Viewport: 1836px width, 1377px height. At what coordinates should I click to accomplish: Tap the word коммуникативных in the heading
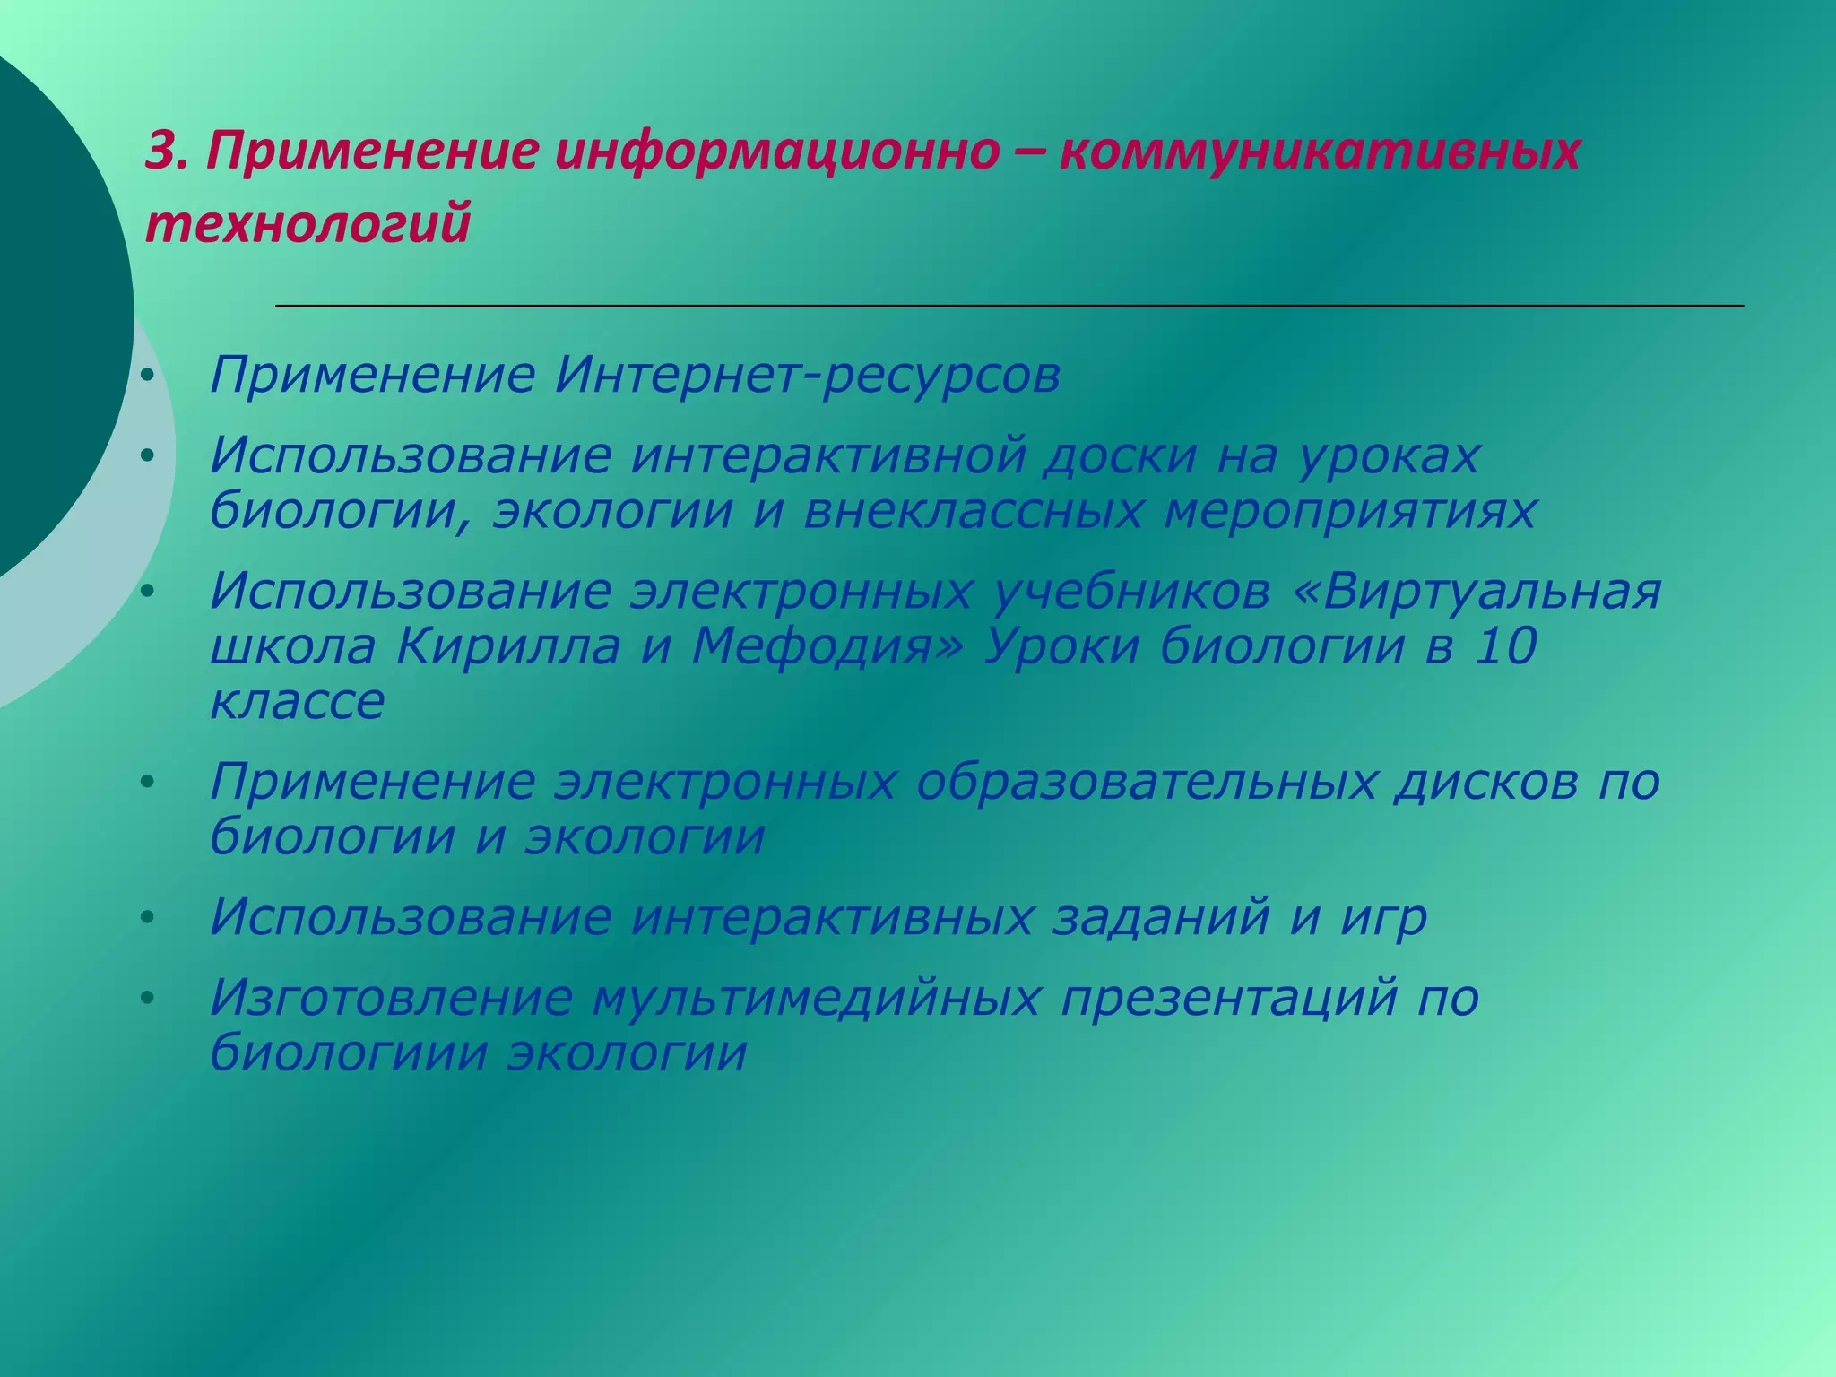(x=1320, y=151)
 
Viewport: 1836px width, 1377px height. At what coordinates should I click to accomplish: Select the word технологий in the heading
(x=307, y=223)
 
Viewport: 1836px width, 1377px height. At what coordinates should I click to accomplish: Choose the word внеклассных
(x=974, y=511)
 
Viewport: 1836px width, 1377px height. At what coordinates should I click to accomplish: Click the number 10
(x=1505, y=646)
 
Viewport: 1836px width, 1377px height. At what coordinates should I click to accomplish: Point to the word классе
(x=298, y=701)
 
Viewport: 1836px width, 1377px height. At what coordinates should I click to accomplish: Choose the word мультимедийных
(x=816, y=999)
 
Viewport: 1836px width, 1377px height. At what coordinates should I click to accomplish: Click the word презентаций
(x=1229, y=999)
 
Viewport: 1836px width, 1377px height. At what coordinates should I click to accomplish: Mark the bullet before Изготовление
(x=148, y=997)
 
